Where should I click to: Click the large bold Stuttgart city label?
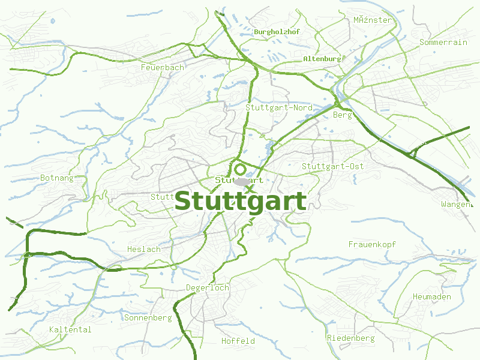point(240,202)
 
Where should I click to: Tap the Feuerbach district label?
point(162,68)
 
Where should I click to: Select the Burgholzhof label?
point(277,31)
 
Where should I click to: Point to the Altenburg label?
point(322,59)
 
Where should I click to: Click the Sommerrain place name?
point(443,43)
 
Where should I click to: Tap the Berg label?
point(342,115)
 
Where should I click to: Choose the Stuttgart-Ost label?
point(333,166)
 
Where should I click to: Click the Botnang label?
point(56,178)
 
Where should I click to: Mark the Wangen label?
point(456,205)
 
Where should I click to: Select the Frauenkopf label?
point(372,244)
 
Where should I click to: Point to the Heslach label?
point(144,249)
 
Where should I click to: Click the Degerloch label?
point(208,288)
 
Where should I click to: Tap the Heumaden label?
point(432,297)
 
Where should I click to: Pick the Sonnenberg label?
point(148,317)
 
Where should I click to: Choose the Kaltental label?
point(70,329)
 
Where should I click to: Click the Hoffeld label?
point(238,341)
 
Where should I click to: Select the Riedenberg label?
point(351,338)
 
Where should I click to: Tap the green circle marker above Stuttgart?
point(241,169)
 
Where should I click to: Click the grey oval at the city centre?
point(242,181)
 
